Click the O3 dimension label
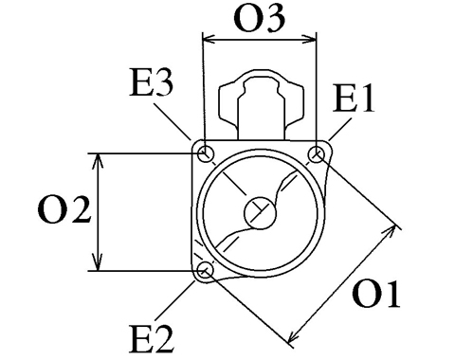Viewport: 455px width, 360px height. [260, 19]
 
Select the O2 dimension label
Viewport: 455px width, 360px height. [64, 210]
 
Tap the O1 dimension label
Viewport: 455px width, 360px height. [376, 294]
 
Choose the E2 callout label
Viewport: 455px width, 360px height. [152, 340]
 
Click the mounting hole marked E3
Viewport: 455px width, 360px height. [206, 154]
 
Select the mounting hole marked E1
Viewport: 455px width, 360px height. [316, 154]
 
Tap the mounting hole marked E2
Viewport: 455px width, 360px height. [206, 271]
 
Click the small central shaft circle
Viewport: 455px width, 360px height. [261, 212]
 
